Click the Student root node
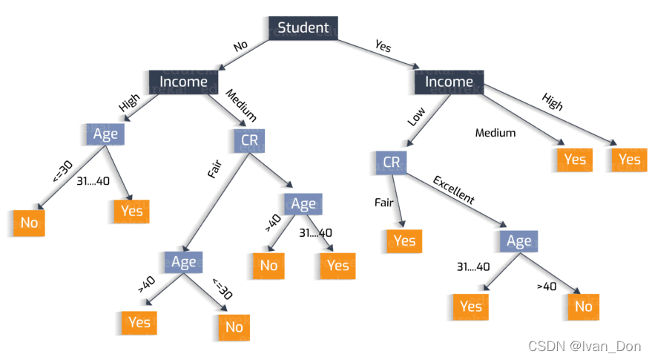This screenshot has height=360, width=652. [302, 28]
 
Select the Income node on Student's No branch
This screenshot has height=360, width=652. [183, 82]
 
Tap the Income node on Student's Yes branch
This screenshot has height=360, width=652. [449, 82]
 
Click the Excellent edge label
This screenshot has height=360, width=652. [453, 190]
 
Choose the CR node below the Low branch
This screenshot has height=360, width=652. [390, 162]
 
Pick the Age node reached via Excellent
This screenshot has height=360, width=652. [518, 240]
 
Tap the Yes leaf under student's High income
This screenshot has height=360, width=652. [628, 159]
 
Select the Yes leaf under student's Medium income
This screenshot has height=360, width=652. [573, 159]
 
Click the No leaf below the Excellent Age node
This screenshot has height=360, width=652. [583, 306]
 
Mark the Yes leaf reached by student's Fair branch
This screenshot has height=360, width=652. [404, 240]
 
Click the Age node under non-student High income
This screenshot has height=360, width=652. [105, 134]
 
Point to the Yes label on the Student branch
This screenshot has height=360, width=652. [383, 45]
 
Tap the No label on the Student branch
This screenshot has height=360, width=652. [240, 45]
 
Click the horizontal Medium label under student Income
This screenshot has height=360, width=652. [495, 134]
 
